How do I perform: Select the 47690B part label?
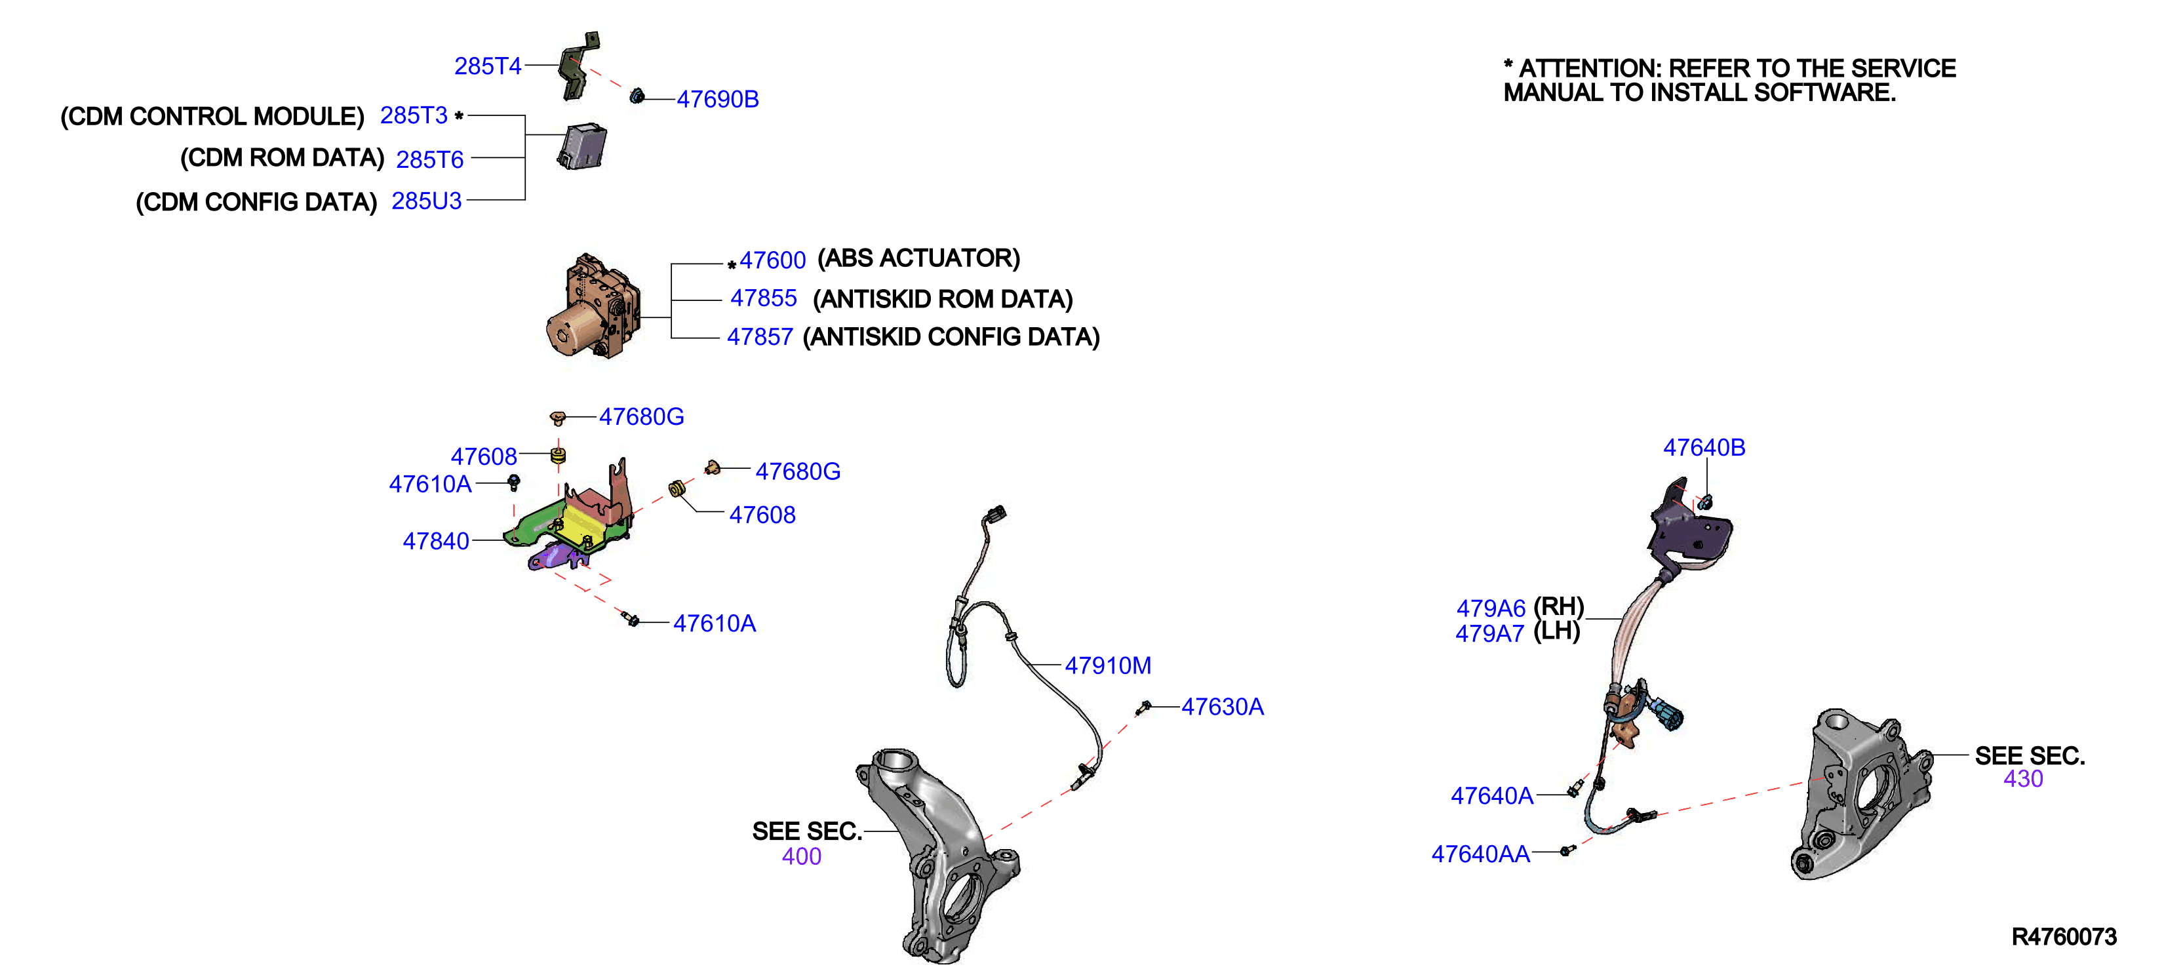[717, 99]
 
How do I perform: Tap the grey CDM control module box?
[582, 146]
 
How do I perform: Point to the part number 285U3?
[427, 201]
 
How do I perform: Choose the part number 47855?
[763, 298]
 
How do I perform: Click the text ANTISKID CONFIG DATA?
[951, 337]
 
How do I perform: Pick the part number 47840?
[435, 541]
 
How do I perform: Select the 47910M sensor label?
[1107, 665]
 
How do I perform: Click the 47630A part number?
[1223, 707]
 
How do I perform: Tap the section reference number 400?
[801, 856]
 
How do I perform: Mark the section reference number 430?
[2023, 779]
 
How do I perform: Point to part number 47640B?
[1704, 448]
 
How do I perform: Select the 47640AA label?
[1480, 854]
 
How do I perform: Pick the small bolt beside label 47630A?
[1143, 707]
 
